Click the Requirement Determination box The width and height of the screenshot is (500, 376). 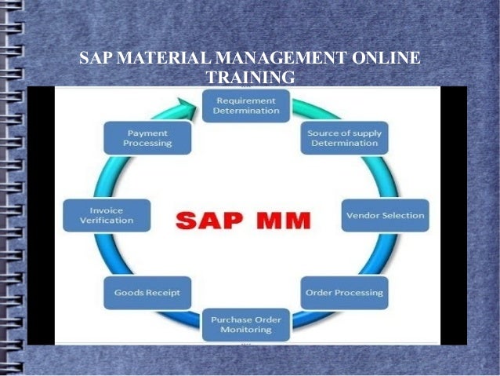point(247,105)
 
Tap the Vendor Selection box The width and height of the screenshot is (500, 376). point(384,215)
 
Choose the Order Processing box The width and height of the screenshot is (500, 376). point(344,292)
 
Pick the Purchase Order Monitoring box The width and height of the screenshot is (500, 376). point(247,324)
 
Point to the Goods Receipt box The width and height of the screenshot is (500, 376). point(147,292)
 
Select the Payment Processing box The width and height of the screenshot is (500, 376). point(147,138)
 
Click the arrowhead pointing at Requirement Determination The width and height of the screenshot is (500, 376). point(187,103)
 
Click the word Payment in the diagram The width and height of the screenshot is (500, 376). point(147,133)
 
